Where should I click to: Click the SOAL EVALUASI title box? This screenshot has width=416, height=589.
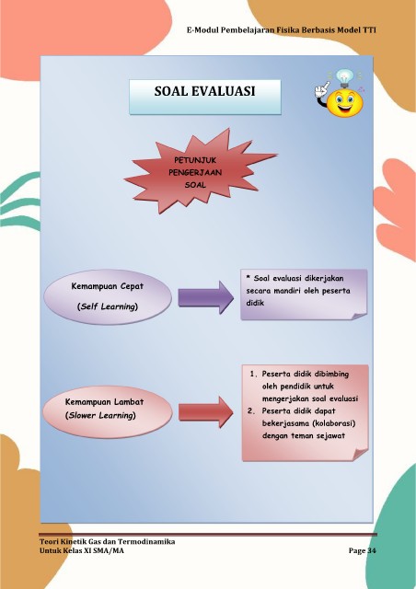click(205, 97)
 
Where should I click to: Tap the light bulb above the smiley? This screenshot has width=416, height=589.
click(344, 77)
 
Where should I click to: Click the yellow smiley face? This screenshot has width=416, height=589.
click(344, 103)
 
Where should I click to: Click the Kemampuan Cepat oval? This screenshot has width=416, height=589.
click(108, 296)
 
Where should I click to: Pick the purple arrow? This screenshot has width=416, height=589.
click(205, 297)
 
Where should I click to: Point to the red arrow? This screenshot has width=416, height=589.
click(205, 412)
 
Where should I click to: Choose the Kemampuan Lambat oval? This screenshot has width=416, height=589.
click(108, 410)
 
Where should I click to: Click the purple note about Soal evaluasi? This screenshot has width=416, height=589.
click(304, 294)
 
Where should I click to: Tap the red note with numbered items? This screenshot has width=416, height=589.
click(306, 412)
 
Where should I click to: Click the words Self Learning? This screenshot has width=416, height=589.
click(108, 306)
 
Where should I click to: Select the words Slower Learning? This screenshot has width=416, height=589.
click(100, 415)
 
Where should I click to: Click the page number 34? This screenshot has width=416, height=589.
click(371, 550)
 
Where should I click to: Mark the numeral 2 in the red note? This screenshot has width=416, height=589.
click(250, 411)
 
